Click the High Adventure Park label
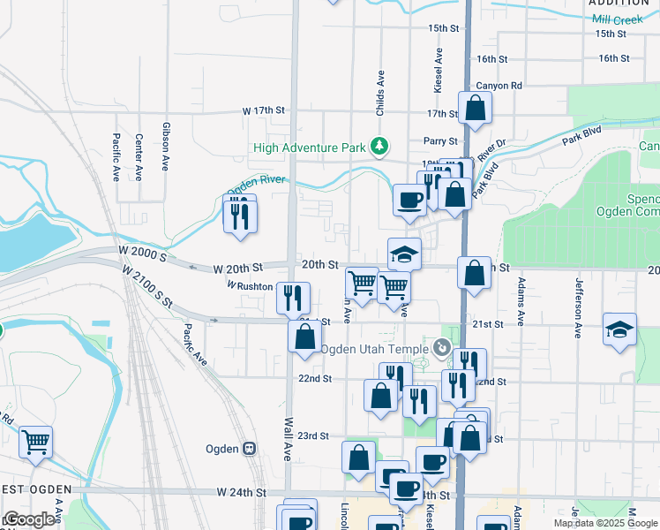[309, 147]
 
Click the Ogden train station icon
[250, 449]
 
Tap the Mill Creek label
[618, 19]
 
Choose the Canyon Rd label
[499, 86]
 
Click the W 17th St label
[265, 111]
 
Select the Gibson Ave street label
[165, 147]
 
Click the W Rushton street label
[250, 286]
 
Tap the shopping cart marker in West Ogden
[35, 441]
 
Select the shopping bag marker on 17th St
[475, 109]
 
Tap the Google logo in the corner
[29, 519]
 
